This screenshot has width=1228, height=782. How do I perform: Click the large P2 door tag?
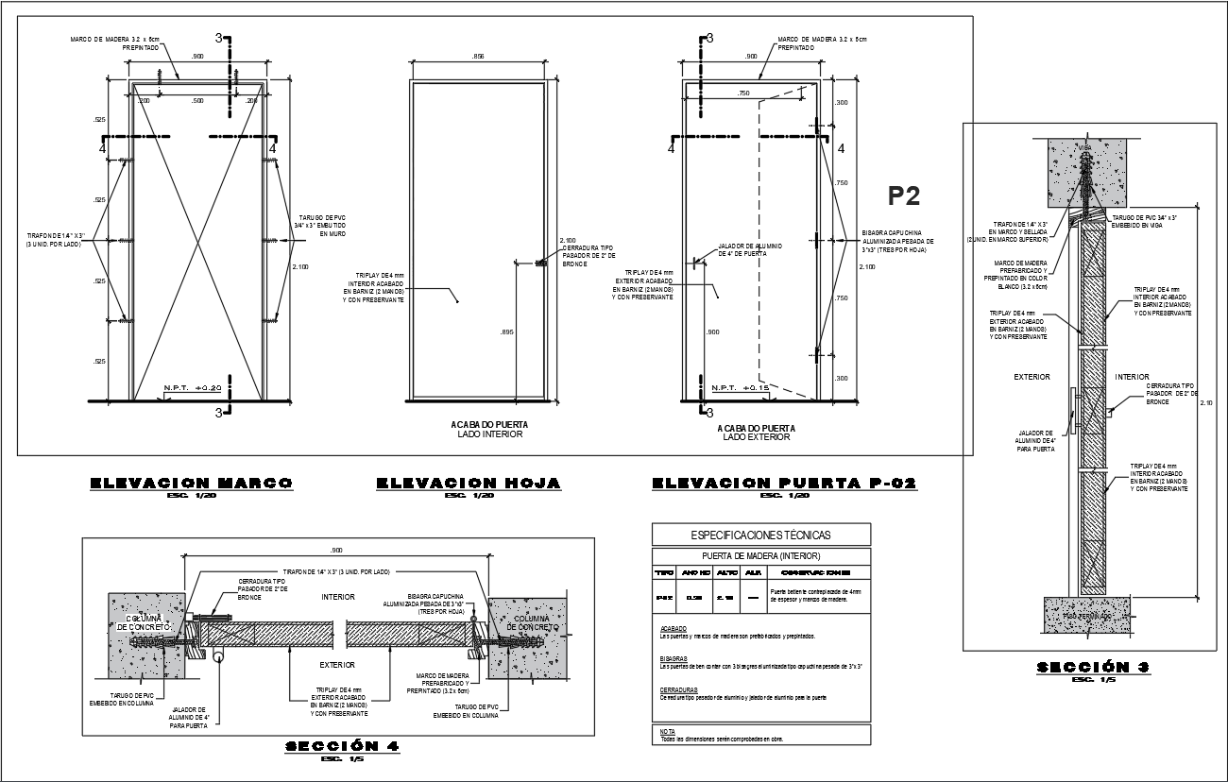(x=904, y=195)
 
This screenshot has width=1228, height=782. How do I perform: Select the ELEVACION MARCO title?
(x=191, y=484)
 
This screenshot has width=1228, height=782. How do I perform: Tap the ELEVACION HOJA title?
(x=469, y=484)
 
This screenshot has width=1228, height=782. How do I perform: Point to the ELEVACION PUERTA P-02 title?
(x=784, y=484)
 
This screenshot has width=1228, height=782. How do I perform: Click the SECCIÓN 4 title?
(x=342, y=746)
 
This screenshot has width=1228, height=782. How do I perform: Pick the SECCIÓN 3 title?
(x=1093, y=668)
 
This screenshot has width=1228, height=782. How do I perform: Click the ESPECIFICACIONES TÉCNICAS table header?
(x=761, y=535)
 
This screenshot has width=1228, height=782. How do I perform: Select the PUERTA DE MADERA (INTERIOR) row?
(x=761, y=556)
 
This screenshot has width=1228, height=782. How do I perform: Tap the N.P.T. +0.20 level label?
(x=192, y=388)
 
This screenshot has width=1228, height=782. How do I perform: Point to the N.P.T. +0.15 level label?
(x=740, y=388)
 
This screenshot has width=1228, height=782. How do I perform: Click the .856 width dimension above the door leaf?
(x=477, y=58)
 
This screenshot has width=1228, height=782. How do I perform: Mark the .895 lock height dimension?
(x=507, y=331)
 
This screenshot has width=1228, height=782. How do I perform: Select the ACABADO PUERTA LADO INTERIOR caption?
(x=489, y=431)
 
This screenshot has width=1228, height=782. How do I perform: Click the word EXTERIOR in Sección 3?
(x=1032, y=377)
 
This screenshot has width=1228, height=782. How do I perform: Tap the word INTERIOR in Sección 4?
(x=338, y=597)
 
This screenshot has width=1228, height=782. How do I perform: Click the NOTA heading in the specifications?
(x=668, y=732)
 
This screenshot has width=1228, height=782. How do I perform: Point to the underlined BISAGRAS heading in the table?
(x=674, y=659)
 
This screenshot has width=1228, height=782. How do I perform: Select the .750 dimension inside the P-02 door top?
(x=743, y=93)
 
